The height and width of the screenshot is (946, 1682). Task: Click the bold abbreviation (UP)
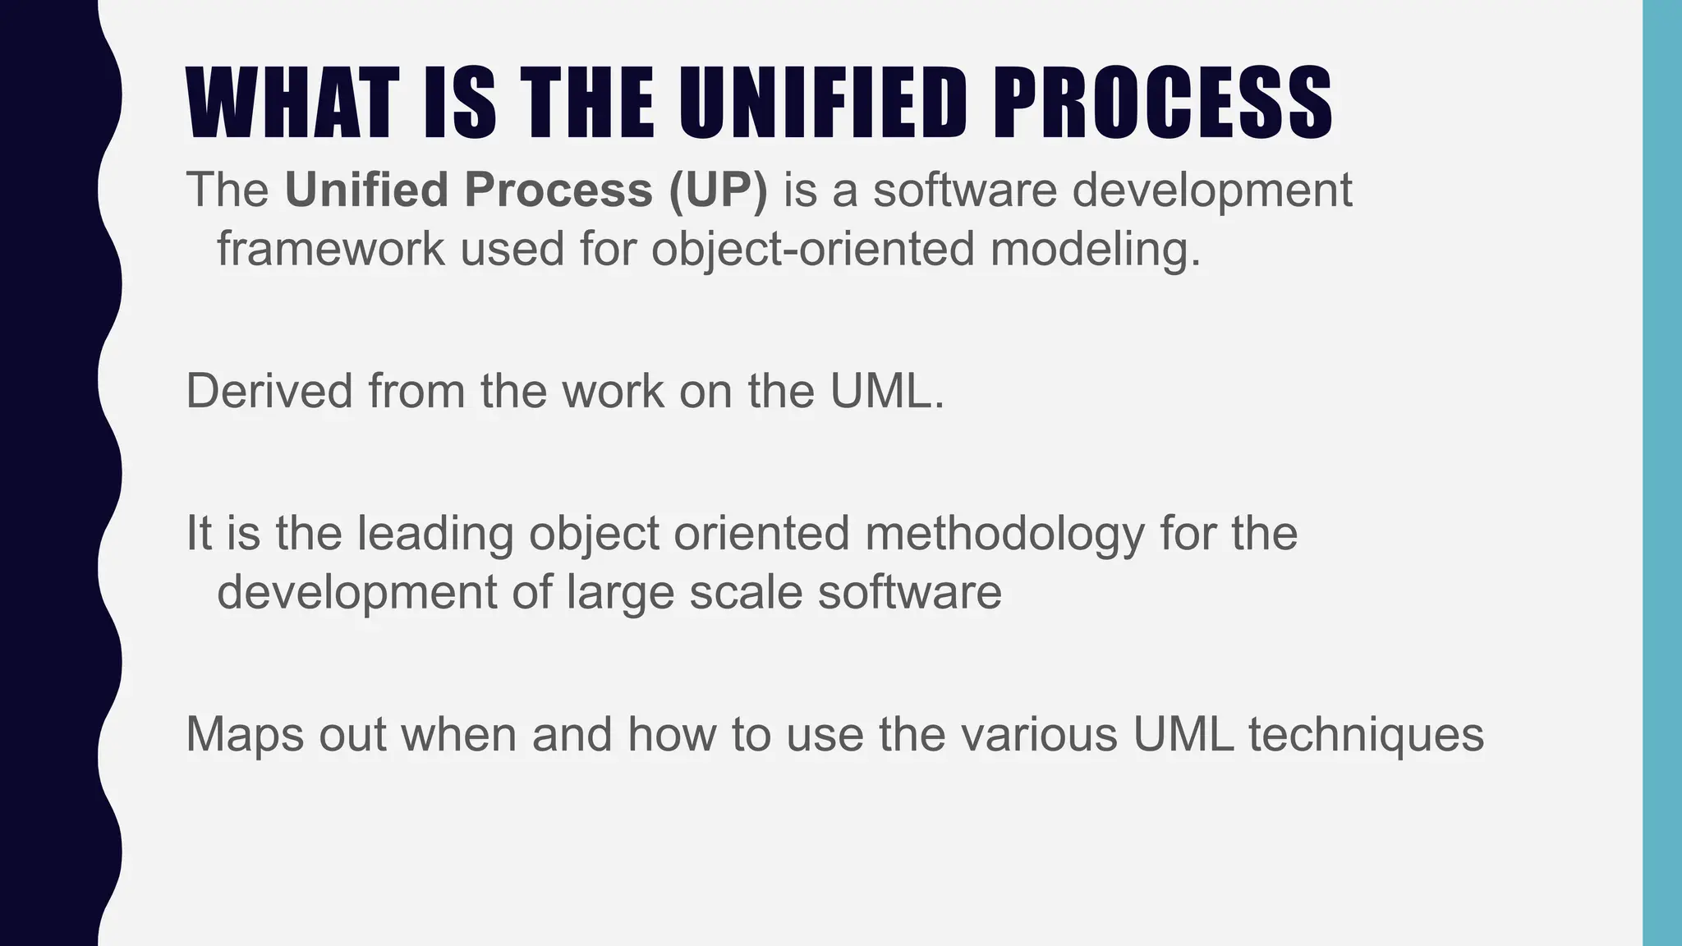[x=718, y=190]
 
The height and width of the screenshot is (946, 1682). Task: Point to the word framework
[x=330, y=249]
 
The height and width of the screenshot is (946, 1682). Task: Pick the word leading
[x=434, y=533]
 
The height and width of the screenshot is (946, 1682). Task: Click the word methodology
[x=1004, y=535]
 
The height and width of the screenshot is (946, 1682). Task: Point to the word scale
[x=745, y=592]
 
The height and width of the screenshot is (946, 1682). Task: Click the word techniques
[x=1366, y=735]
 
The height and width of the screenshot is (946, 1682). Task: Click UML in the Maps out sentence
[x=1183, y=733]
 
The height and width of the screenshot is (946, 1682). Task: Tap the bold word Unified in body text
[x=365, y=190]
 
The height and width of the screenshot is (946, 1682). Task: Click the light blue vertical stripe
[x=1661, y=473]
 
